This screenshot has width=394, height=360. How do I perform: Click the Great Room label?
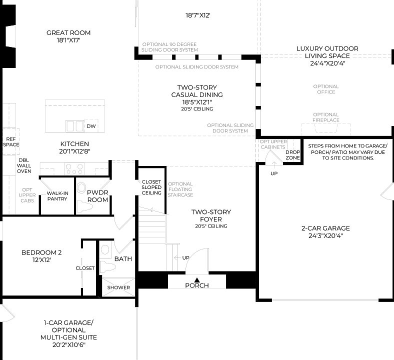coord(68,33)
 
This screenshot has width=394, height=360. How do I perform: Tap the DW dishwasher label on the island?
coord(90,126)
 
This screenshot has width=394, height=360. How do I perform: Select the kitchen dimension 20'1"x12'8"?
coord(74,151)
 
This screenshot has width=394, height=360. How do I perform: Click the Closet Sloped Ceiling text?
coord(151,187)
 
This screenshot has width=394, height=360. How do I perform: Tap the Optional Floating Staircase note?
coord(180,189)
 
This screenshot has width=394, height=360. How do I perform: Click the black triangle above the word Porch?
coord(197,279)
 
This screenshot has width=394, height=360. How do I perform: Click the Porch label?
coord(197,285)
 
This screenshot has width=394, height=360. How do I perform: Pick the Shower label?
coord(118,287)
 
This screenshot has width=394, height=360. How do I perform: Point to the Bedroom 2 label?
coord(41,252)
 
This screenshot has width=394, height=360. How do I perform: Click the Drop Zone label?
coord(292,154)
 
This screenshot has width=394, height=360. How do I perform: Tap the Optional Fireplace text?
coord(325,117)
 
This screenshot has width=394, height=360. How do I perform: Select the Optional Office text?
coord(325,89)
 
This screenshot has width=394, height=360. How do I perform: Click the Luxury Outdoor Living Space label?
coord(327,52)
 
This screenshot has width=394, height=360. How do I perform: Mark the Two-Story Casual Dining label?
coord(196,91)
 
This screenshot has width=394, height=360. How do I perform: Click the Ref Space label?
coord(11,141)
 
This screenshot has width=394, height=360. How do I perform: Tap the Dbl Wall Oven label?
coord(24,164)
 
